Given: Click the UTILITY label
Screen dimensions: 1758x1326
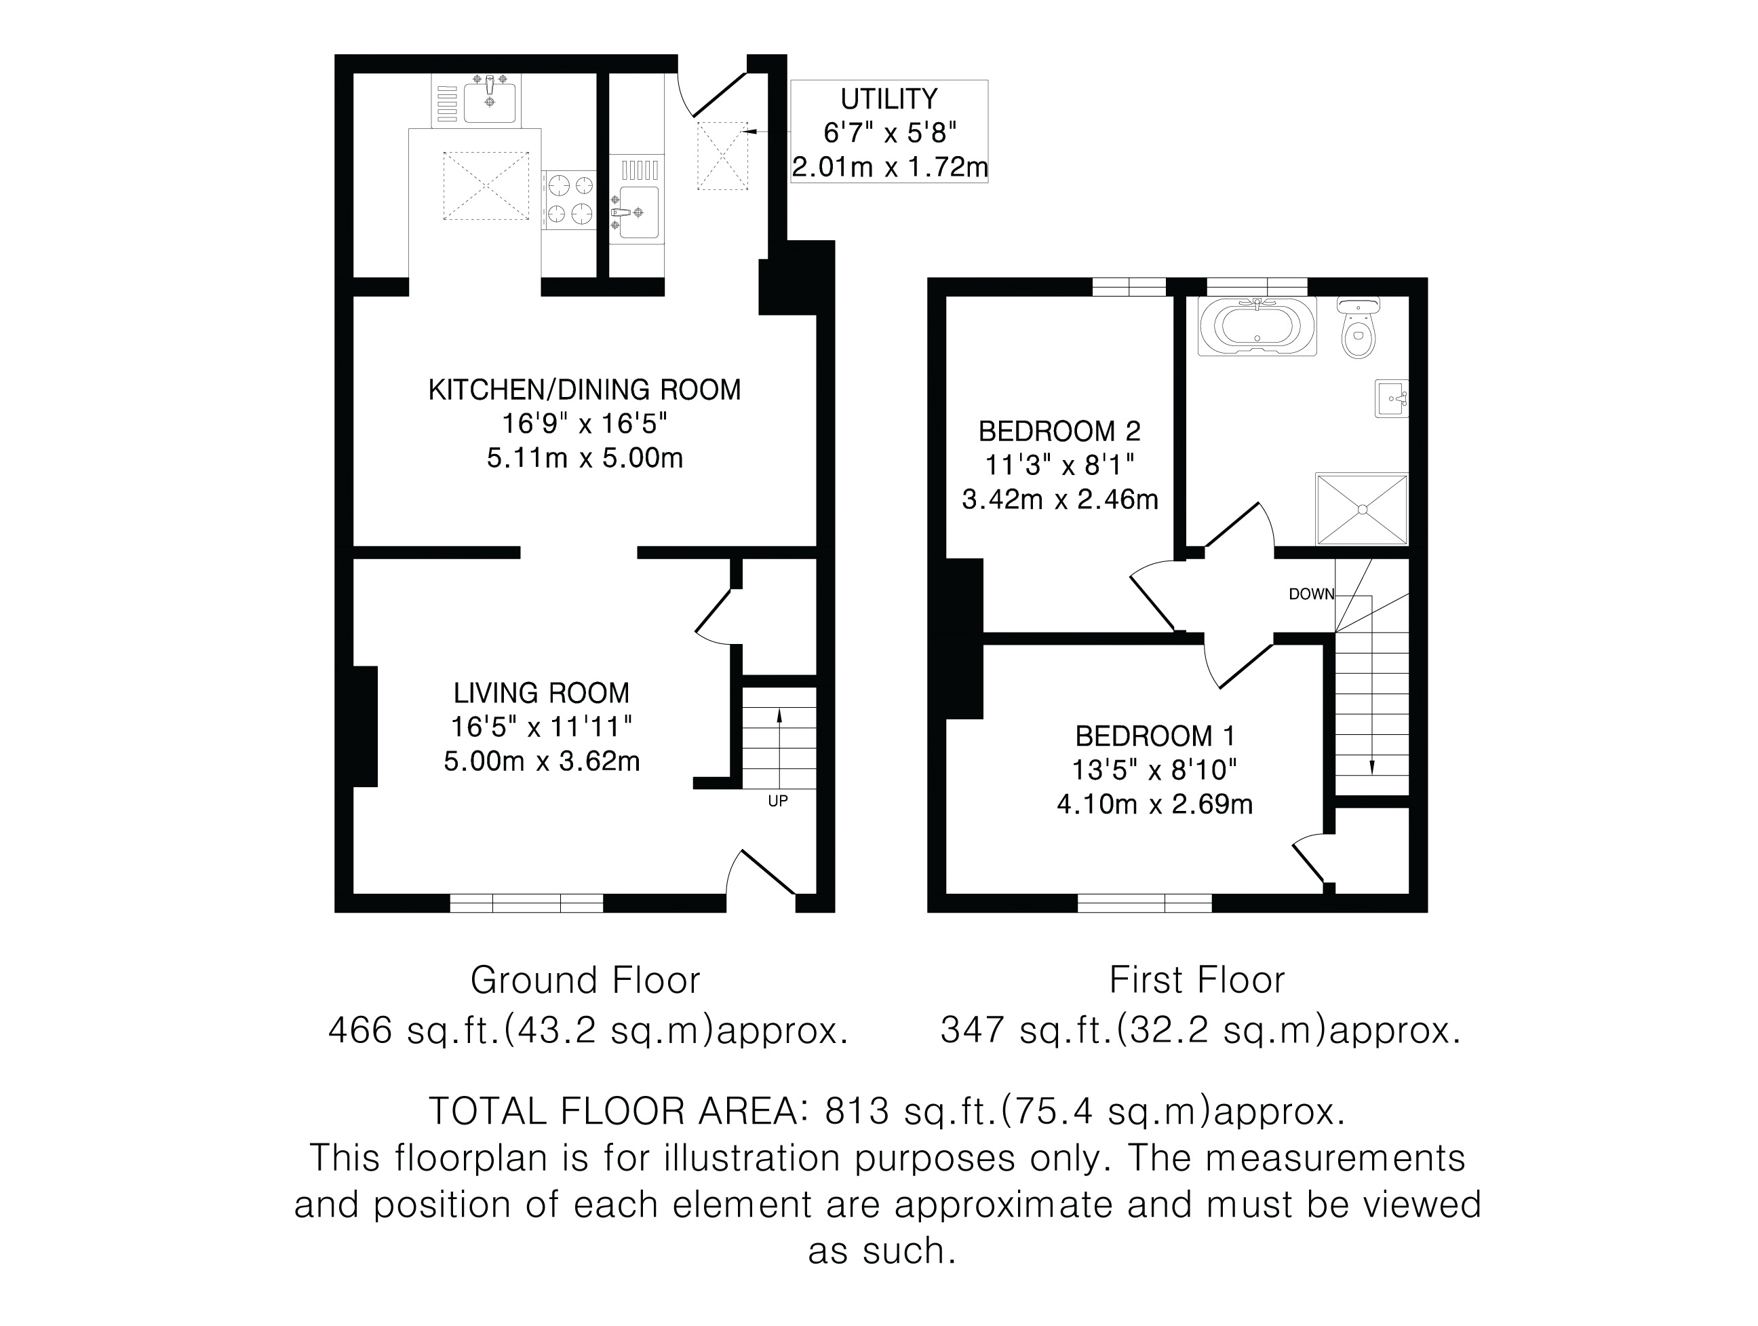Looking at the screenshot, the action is pos(888,98).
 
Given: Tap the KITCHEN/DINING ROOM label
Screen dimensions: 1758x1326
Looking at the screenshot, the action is pos(584,390).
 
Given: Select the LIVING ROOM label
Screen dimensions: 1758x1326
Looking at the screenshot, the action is pos(541,694).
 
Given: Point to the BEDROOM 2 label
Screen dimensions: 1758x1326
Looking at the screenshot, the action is pos(1059,431).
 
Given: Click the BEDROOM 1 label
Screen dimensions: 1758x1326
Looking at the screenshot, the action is pos(1155,736).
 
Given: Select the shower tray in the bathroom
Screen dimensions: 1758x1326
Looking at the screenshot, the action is pos(1362,509).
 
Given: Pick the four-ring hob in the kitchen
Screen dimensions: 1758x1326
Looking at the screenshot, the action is pos(569,200).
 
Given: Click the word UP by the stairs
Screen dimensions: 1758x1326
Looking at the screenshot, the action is pos(778,801).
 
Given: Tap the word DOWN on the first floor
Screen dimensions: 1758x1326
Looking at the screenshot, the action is pos(1311,594).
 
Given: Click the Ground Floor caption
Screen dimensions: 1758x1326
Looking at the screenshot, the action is pos(585,980).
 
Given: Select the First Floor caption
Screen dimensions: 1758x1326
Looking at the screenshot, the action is pos(1197,980).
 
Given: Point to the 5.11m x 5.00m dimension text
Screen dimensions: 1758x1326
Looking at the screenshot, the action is pos(585,458).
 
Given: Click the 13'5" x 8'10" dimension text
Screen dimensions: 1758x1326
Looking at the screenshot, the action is pos(1155,770).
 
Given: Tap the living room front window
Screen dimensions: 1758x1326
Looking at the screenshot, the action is pos(526,903).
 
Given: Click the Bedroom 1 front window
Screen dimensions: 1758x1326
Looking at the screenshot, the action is pos(1144,903).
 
